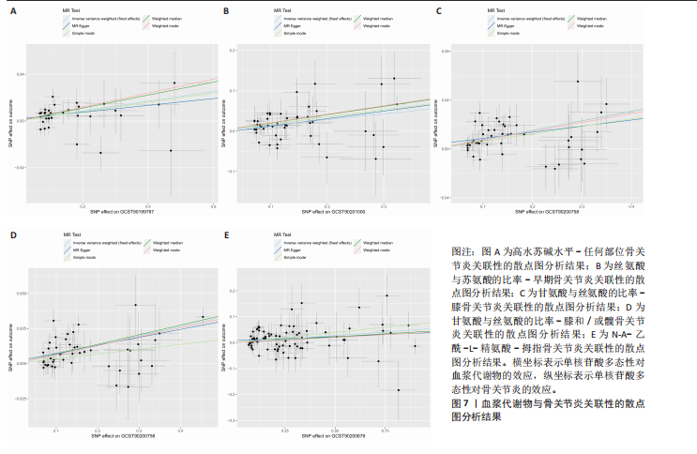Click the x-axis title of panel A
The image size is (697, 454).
(122, 215)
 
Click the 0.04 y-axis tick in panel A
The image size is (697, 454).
(19, 73)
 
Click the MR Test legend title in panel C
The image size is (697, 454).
(499, 10)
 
